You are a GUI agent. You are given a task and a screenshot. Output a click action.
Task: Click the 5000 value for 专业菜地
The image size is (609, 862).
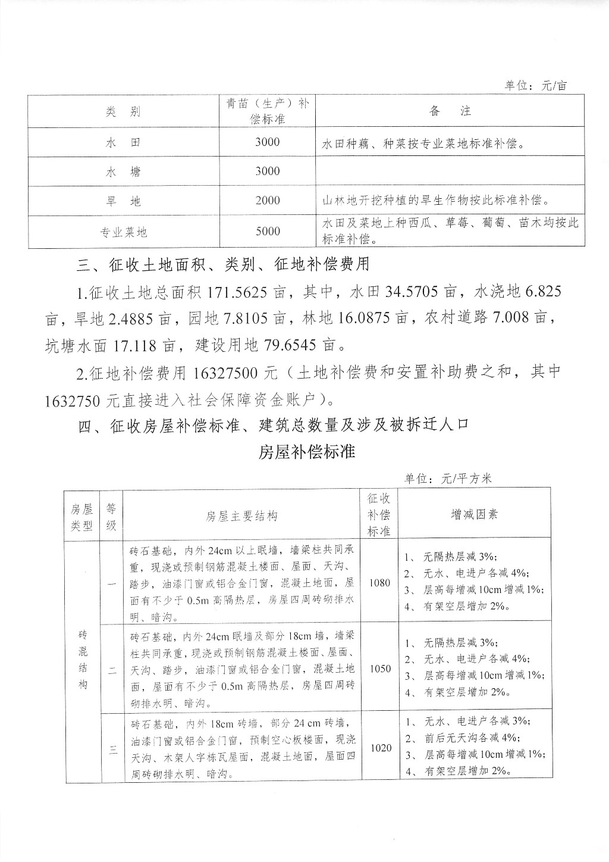click(268, 232)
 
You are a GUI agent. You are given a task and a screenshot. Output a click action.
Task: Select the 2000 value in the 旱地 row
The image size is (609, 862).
click(268, 201)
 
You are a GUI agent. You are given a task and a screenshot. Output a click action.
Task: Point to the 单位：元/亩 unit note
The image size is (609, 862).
click(536, 86)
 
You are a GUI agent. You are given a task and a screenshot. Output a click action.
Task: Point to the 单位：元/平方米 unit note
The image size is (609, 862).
click(448, 478)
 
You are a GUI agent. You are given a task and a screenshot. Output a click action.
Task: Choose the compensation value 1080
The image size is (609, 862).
click(379, 583)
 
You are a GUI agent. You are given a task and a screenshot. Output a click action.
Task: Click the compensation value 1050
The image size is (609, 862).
click(380, 669)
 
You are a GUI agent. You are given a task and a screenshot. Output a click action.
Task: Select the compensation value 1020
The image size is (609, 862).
click(381, 748)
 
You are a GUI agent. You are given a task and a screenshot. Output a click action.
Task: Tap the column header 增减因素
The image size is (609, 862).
click(474, 514)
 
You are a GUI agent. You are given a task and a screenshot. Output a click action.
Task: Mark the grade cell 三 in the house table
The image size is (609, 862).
click(112, 748)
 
